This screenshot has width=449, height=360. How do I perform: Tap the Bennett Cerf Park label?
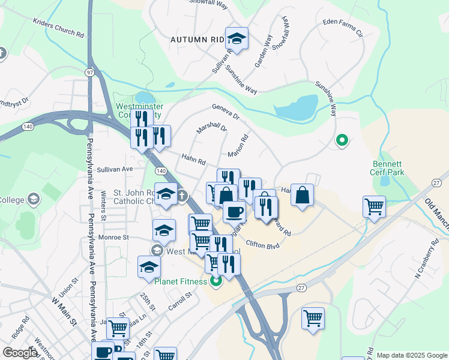coord(388,168)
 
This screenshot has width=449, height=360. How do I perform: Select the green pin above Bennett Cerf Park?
coord(342,141)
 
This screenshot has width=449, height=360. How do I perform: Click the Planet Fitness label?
coord(180,281)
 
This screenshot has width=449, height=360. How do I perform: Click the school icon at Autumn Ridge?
coord(237,39)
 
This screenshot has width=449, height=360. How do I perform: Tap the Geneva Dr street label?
coord(225,111)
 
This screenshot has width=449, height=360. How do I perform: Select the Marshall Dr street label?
coord(212,128)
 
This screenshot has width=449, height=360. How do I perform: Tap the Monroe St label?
coord(118,238)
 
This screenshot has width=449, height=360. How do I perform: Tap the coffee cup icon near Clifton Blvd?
coord(234,211)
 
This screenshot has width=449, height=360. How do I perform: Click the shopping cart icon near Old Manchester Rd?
coord(374,206)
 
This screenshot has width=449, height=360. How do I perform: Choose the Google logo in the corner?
coord(20,353)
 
